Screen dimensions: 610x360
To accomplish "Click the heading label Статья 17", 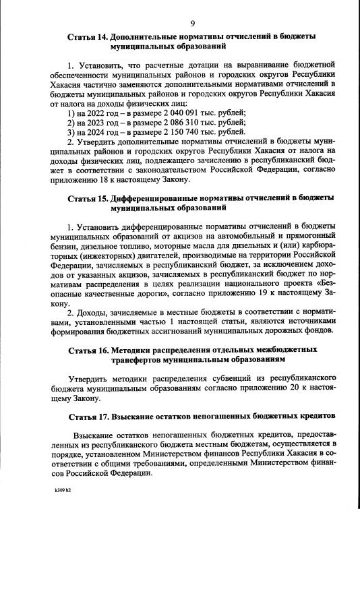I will pos(88,415).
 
